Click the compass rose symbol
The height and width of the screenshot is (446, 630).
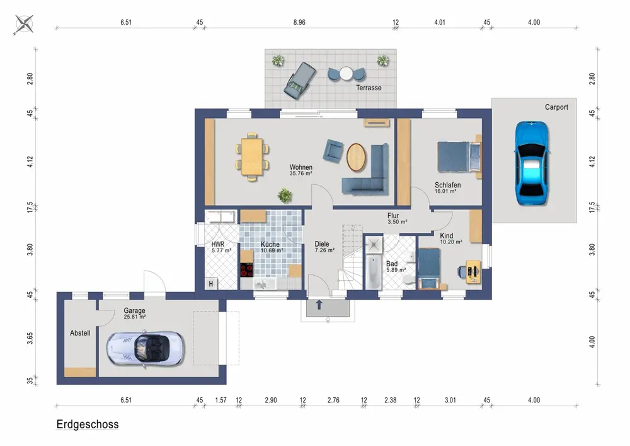(24, 24)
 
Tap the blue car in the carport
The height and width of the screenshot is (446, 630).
(532, 163)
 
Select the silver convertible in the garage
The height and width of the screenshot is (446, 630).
(145, 348)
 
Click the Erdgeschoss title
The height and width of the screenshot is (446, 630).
(87, 425)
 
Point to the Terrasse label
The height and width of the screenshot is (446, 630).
(369, 88)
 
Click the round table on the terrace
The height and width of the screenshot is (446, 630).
(346, 74)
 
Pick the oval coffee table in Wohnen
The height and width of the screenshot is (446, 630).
(357, 157)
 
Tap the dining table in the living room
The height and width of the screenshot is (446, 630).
(252, 156)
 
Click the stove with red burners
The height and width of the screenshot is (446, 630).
(247, 269)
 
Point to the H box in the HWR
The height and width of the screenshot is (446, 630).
(211, 283)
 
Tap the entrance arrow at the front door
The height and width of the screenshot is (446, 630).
(319, 305)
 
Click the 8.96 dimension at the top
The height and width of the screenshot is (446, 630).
(299, 23)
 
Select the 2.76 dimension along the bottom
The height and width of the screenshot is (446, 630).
(333, 400)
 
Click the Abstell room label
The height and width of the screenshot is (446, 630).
(80, 333)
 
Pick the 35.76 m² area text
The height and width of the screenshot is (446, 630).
(301, 173)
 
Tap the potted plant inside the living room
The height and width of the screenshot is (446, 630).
(285, 195)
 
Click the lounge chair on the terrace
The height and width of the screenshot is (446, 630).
(299, 81)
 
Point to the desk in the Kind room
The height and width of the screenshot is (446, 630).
(473, 273)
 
